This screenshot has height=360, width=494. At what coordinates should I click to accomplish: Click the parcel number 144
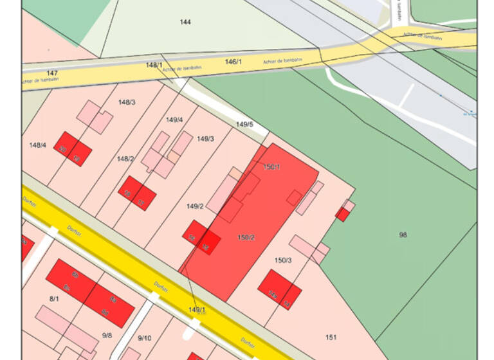(x=185, y=22)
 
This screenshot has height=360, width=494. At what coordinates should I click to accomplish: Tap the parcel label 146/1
(x=233, y=62)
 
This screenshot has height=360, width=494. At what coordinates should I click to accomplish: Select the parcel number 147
(x=52, y=73)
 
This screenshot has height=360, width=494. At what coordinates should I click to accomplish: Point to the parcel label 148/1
(x=154, y=65)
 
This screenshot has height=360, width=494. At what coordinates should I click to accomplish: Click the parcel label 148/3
(x=127, y=102)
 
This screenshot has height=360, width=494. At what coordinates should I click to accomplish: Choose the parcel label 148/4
(x=38, y=145)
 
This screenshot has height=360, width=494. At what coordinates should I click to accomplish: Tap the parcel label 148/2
(x=125, y=159)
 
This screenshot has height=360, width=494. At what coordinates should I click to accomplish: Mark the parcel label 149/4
(x=174, y=120)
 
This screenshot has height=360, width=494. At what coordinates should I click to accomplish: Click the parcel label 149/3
(x=205, y=139)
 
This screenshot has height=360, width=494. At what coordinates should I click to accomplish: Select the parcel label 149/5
(x=244, y=125)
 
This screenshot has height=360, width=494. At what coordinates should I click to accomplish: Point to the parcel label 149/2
(x=195, y=206)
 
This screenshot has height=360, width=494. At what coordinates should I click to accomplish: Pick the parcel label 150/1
(x=272, y=167)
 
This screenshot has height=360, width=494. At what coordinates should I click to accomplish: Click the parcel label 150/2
(x=246, y=238)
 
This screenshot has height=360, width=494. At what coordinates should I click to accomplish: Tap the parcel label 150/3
(x=283, y=260)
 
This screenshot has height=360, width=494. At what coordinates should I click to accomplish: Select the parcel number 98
(x=403, y=235)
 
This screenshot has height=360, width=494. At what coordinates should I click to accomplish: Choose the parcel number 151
(x=331, y=337)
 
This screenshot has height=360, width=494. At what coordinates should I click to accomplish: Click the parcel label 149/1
(x=197, y=310)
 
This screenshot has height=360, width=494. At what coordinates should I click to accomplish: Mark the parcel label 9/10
(x=144, y=338)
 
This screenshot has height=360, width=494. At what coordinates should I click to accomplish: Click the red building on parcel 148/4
(x=72, y=148)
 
